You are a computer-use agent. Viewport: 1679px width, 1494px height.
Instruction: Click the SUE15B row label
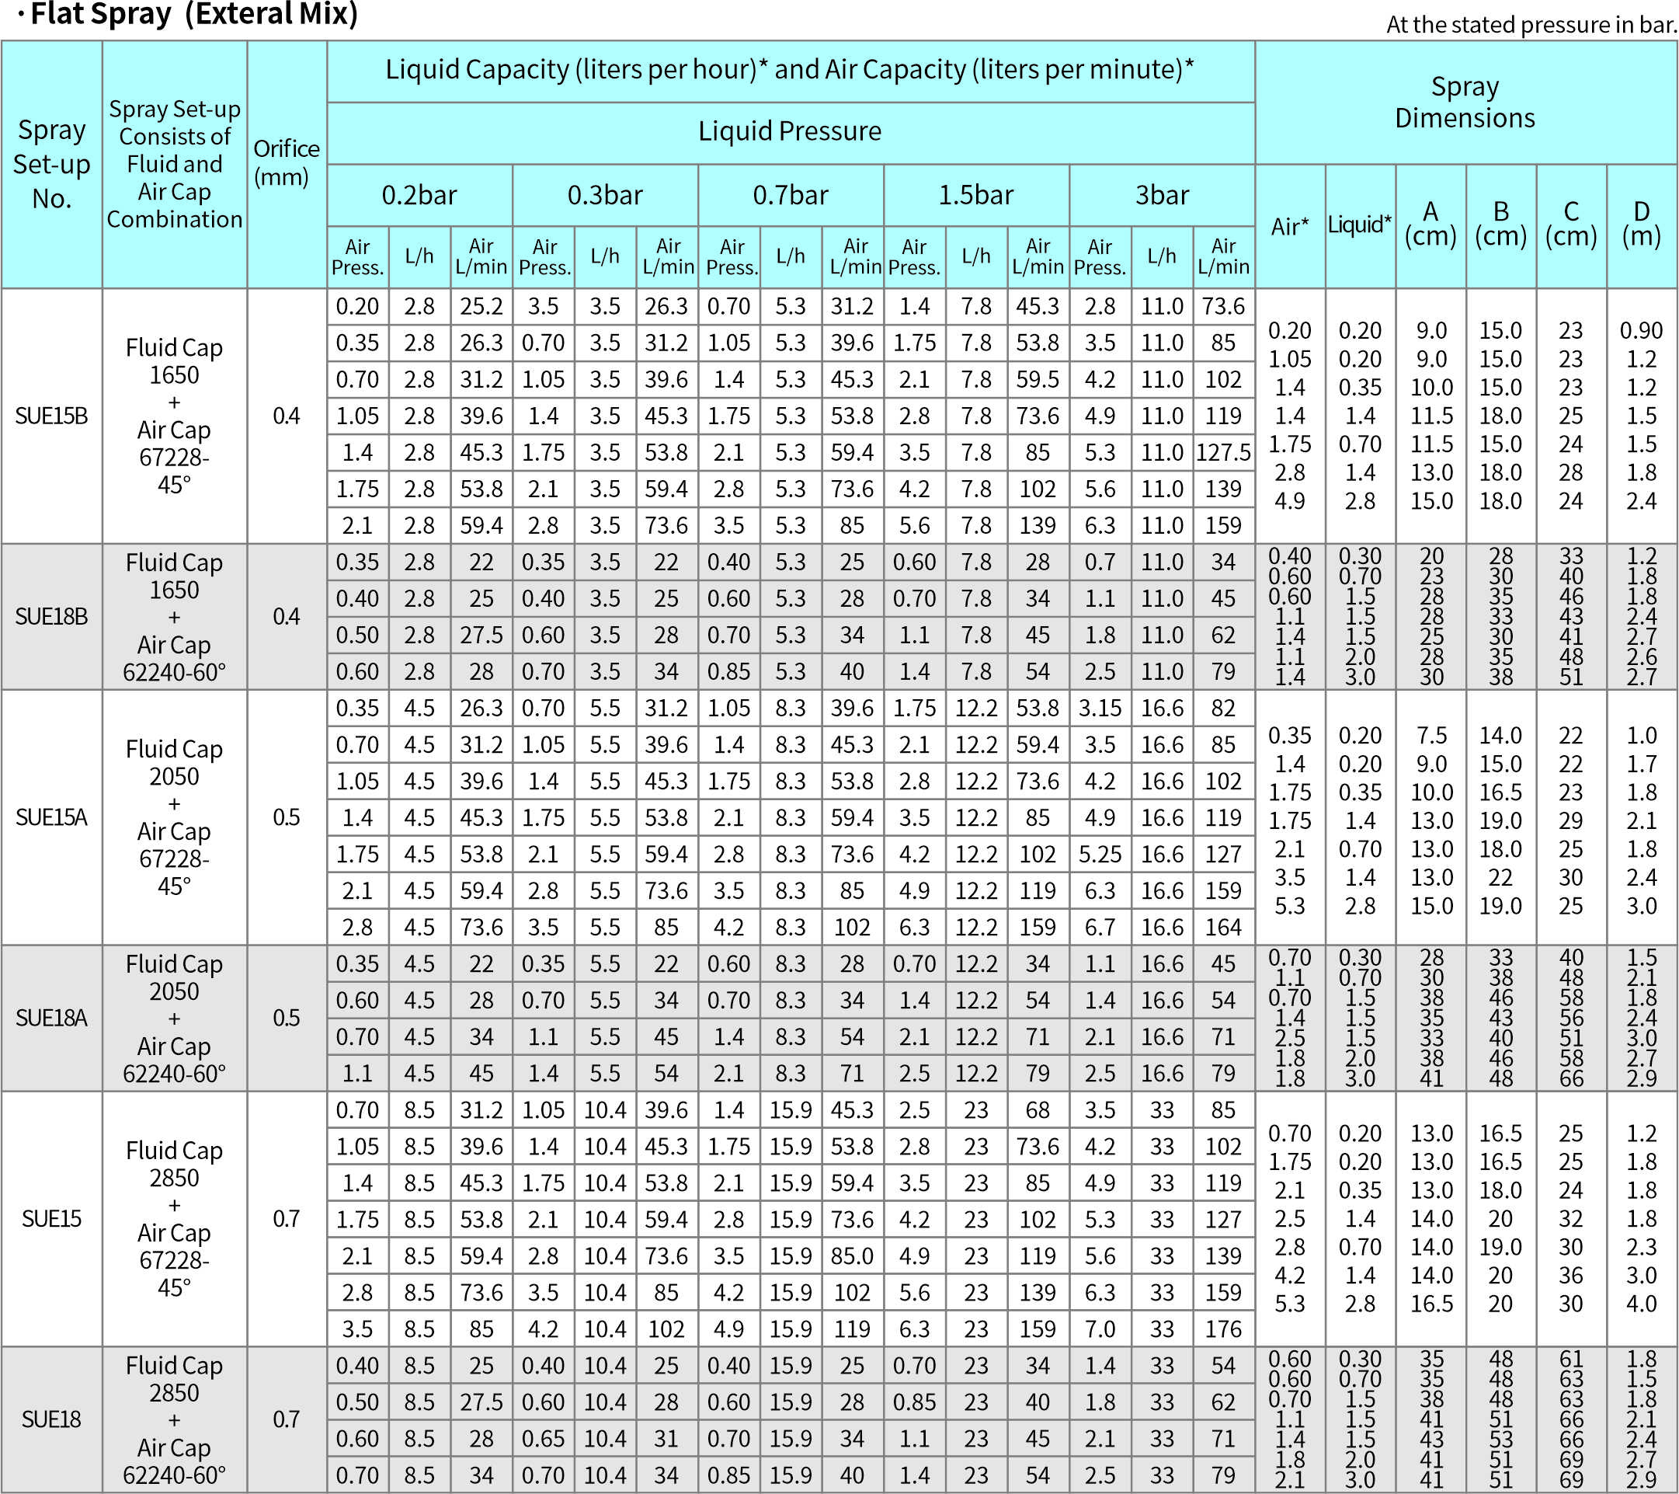51,416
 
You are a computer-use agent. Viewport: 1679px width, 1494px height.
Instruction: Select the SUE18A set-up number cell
51,1019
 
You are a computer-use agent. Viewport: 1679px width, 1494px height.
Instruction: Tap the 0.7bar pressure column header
791,196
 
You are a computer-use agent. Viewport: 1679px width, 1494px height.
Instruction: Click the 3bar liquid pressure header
1162,196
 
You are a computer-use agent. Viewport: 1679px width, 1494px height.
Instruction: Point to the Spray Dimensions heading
1465,102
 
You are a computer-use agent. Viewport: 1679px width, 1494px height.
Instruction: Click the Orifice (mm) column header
286,162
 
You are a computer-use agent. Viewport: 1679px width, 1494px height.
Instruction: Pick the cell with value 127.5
1223,453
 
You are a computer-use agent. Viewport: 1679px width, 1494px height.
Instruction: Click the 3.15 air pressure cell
1100,709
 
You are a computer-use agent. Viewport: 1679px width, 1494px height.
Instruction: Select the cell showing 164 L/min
1223,927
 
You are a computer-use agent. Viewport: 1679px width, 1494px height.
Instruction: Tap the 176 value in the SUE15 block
1223,1329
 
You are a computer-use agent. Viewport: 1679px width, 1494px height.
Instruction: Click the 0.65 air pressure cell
543,1439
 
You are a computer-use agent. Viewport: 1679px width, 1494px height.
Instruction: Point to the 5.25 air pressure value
1100,855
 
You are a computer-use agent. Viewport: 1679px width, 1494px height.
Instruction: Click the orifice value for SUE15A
286,817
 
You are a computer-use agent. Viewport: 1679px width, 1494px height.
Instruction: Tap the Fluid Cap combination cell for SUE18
174,1420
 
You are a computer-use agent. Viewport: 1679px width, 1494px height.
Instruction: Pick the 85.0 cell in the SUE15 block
852,1255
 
